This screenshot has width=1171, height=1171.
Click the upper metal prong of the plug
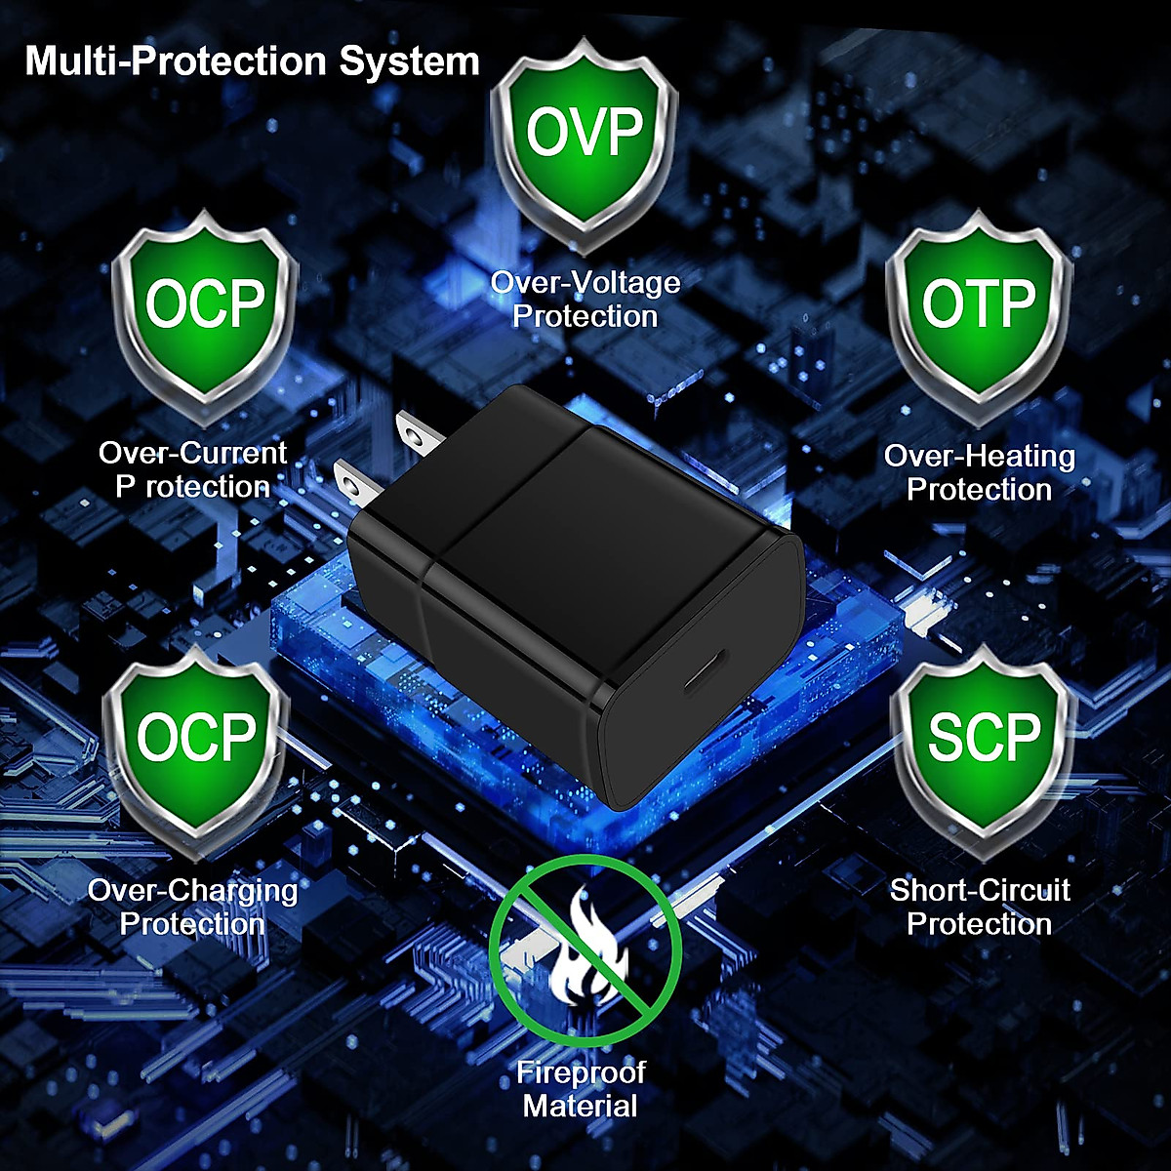click(415, 432)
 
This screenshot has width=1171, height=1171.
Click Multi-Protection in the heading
click(177, 61)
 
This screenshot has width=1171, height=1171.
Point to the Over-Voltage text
click(585, 283)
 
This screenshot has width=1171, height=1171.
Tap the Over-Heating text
click(979, 456)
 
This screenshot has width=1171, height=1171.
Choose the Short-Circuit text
click(980, 890)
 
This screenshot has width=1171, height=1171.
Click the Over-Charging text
click(193, 890)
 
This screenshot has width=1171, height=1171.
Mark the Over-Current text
click(193, 453)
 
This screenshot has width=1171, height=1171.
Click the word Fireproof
click(581, 1073)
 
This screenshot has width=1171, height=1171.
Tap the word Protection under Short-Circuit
click(980, 923)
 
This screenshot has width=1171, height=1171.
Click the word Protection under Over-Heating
click(979, 489)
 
